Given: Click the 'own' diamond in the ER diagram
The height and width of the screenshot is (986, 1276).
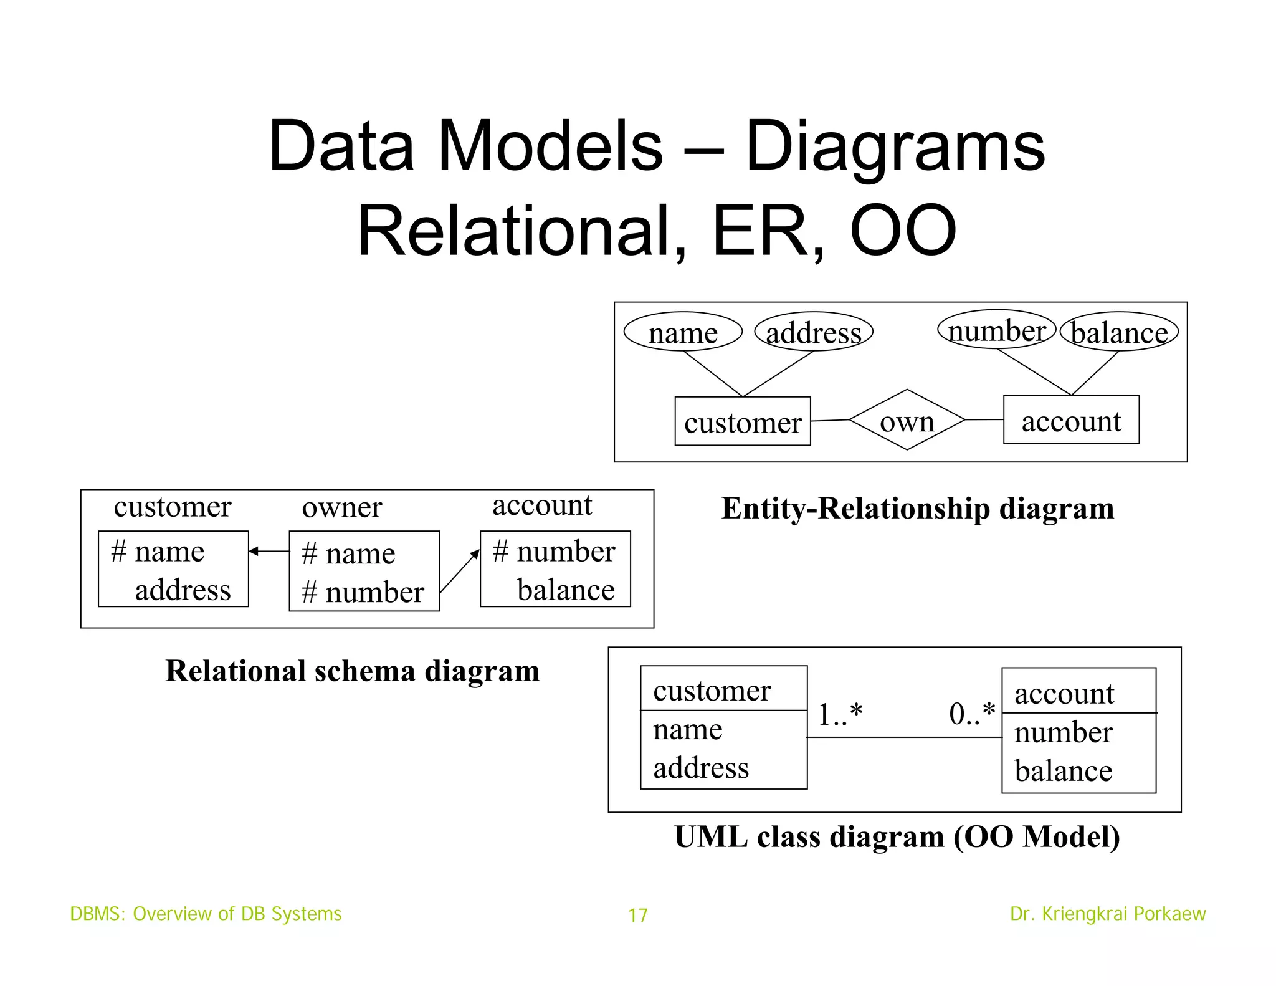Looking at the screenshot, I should pyautogui.click(x=907, y=420).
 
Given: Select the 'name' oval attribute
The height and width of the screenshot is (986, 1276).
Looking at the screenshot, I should pyautogui.click(x=683, y=332).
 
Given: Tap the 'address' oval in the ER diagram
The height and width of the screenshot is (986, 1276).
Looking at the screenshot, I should pyautogui.click(x=813, y=332).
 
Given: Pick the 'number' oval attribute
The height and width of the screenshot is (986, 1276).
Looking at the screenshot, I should pyautogui.click(x=996, y=330).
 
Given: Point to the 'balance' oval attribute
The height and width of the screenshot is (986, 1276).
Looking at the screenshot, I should pyautogui.click(x=1119, y=332).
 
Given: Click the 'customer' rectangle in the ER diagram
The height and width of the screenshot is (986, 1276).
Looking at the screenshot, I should pyautogui.click(x=743, y=422).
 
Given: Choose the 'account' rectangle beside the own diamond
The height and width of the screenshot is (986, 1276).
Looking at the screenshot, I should pyautogui.click(x=1071, y=420).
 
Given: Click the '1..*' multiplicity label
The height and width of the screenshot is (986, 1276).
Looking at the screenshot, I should pyautogui.click(x=840, y=714).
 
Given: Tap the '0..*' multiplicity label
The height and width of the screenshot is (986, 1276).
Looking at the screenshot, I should pyautogui.click(x=972, y=713).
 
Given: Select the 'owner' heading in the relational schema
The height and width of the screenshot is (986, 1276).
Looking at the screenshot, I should pyautogui.click(x=341, y=507).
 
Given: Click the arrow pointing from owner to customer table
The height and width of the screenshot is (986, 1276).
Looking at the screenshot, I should pyautogui.click(x=269, y=551).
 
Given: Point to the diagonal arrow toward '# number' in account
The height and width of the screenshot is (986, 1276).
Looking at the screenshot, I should pyautogui.click(x=460, y=570).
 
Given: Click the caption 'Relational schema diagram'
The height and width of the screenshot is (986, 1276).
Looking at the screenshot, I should pyautogui.click(x=353, y=671).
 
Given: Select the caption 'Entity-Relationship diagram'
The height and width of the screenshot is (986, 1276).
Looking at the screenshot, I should pyautogui.click(x=918, y=508).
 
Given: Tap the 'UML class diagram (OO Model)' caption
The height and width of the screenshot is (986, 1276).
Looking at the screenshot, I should pyautogui.click(x=897, y=836).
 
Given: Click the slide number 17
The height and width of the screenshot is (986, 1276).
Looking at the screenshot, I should pyautogui.click(x=637, y=915).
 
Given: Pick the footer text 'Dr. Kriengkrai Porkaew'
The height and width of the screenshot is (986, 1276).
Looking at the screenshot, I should pyautogui.click(x=1108, y=914).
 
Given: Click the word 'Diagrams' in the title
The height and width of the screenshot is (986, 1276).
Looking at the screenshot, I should pyautogui.click(x=895, y=146).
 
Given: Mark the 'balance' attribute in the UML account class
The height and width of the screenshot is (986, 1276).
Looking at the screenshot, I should pyautogui.click(x=1063, y=771).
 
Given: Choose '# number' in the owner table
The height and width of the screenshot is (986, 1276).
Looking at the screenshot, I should pyautogui.click(x=363, y=592).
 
